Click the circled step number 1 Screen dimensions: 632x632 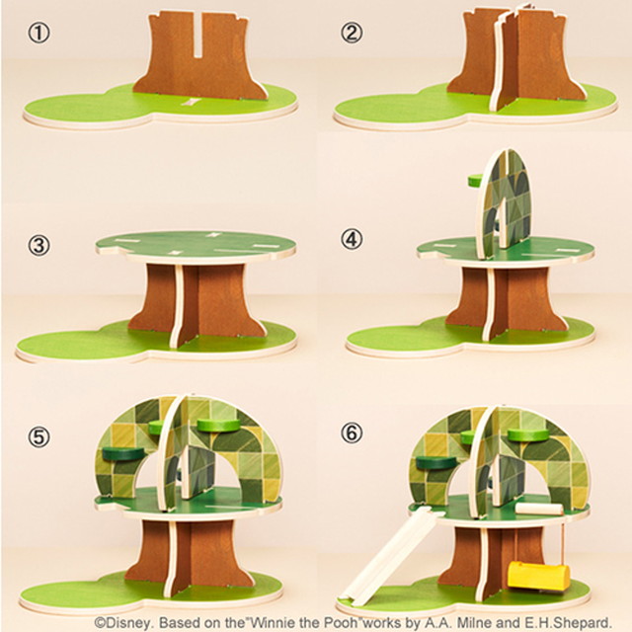(x=39, y=33)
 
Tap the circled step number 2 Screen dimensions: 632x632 (x=352, y=33)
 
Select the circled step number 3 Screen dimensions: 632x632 (x=39, y=245)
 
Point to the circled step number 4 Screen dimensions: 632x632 (x=352, y=240)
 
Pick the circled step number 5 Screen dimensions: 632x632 (x=39, y=436)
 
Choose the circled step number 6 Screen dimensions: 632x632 (x=352, y=434)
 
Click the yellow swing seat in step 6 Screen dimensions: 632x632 (x=539, y=575)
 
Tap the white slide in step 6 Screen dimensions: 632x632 (x=385, y=557)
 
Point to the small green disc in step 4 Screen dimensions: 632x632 (x=476, y=180)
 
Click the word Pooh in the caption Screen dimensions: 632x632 (x=341, y=621)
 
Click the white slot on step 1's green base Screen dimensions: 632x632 (x=190, y=101)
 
